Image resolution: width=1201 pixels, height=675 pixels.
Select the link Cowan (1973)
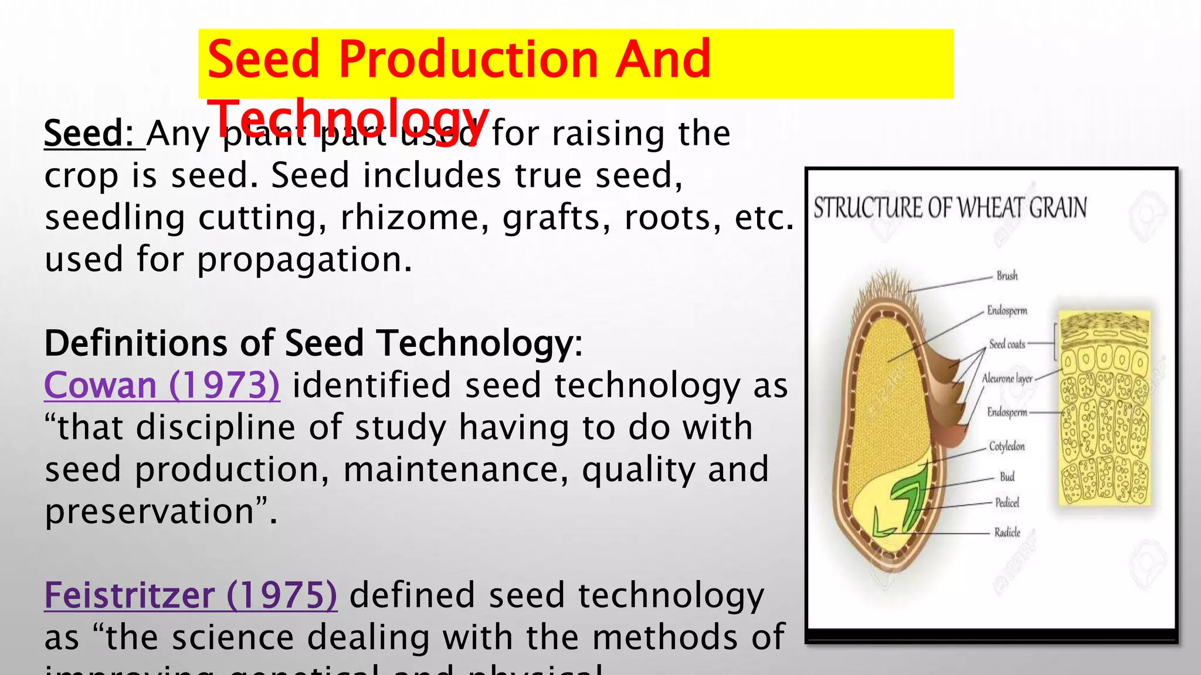pos(162,386)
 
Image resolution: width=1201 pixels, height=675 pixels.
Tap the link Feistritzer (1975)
pos(191,595)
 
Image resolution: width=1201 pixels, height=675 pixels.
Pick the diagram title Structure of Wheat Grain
pos(950,208)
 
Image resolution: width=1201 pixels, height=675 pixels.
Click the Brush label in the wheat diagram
pos(1007,276)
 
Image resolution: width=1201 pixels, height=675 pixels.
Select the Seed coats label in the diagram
pos(1007,345)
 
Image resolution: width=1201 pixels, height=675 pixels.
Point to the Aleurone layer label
pos(1007,379)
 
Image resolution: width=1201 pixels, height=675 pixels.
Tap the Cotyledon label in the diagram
pos(1007,446)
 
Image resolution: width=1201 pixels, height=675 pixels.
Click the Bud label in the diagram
pos(1007,477)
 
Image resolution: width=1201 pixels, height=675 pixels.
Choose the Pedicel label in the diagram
pos(1007,503)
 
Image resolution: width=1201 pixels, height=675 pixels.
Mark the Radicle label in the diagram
pos(1007,533)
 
